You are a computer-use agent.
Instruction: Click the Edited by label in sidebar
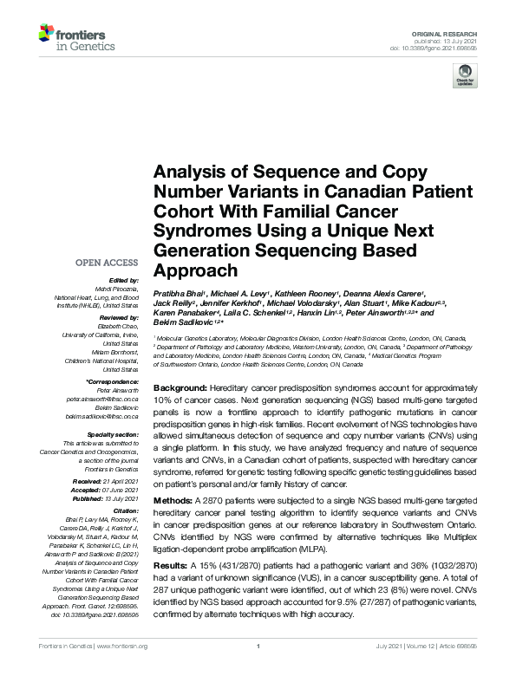123,280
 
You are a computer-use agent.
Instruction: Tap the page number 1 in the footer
258,669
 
